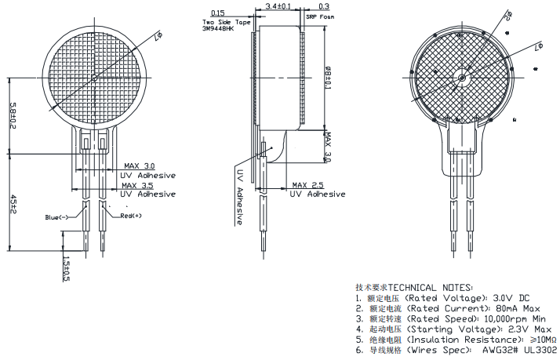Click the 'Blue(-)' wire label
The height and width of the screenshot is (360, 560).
coord(56,217)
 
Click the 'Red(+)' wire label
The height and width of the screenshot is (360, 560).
coord(131,215)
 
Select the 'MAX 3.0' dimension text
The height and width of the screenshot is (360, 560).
coord(140,166)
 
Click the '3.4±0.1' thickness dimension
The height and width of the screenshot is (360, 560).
coord(278,6)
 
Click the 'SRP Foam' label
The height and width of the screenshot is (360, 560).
coord(319,16)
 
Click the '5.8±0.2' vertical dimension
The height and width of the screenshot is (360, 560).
coord(13,115)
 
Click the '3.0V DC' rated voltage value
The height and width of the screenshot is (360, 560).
coord(512,298)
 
